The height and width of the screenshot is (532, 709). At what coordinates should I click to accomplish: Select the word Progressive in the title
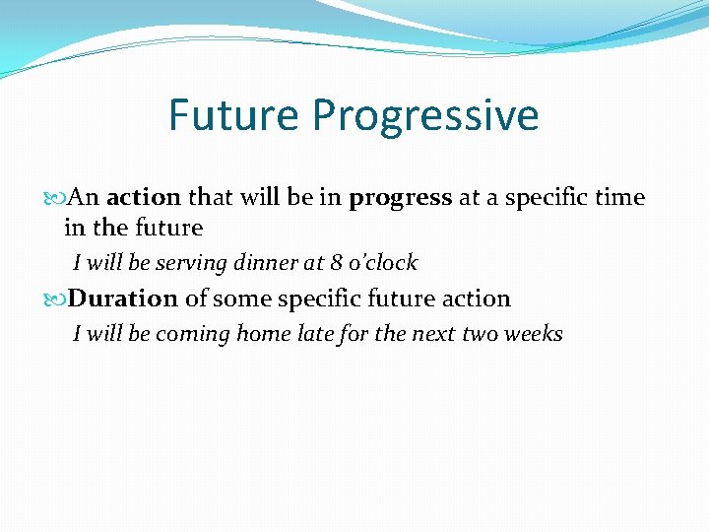click(425, 115)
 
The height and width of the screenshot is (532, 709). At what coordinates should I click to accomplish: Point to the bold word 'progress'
click(400, 198)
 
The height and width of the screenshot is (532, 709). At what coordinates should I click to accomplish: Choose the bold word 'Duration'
click(123, 299)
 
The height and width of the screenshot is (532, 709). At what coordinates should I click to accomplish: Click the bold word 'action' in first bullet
click(144, 197)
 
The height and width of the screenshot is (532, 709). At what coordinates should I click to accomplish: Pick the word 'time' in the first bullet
click(620, 197)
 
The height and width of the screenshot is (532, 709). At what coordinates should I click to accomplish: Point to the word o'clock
click(384, 263)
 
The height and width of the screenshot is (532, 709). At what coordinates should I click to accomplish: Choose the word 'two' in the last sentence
click(480, 334)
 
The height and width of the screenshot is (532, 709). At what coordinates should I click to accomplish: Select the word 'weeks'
click(533, 334)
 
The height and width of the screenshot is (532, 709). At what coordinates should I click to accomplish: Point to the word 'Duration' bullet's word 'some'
click(235, 299)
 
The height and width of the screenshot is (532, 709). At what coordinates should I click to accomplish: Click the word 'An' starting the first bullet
click(85, 197)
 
